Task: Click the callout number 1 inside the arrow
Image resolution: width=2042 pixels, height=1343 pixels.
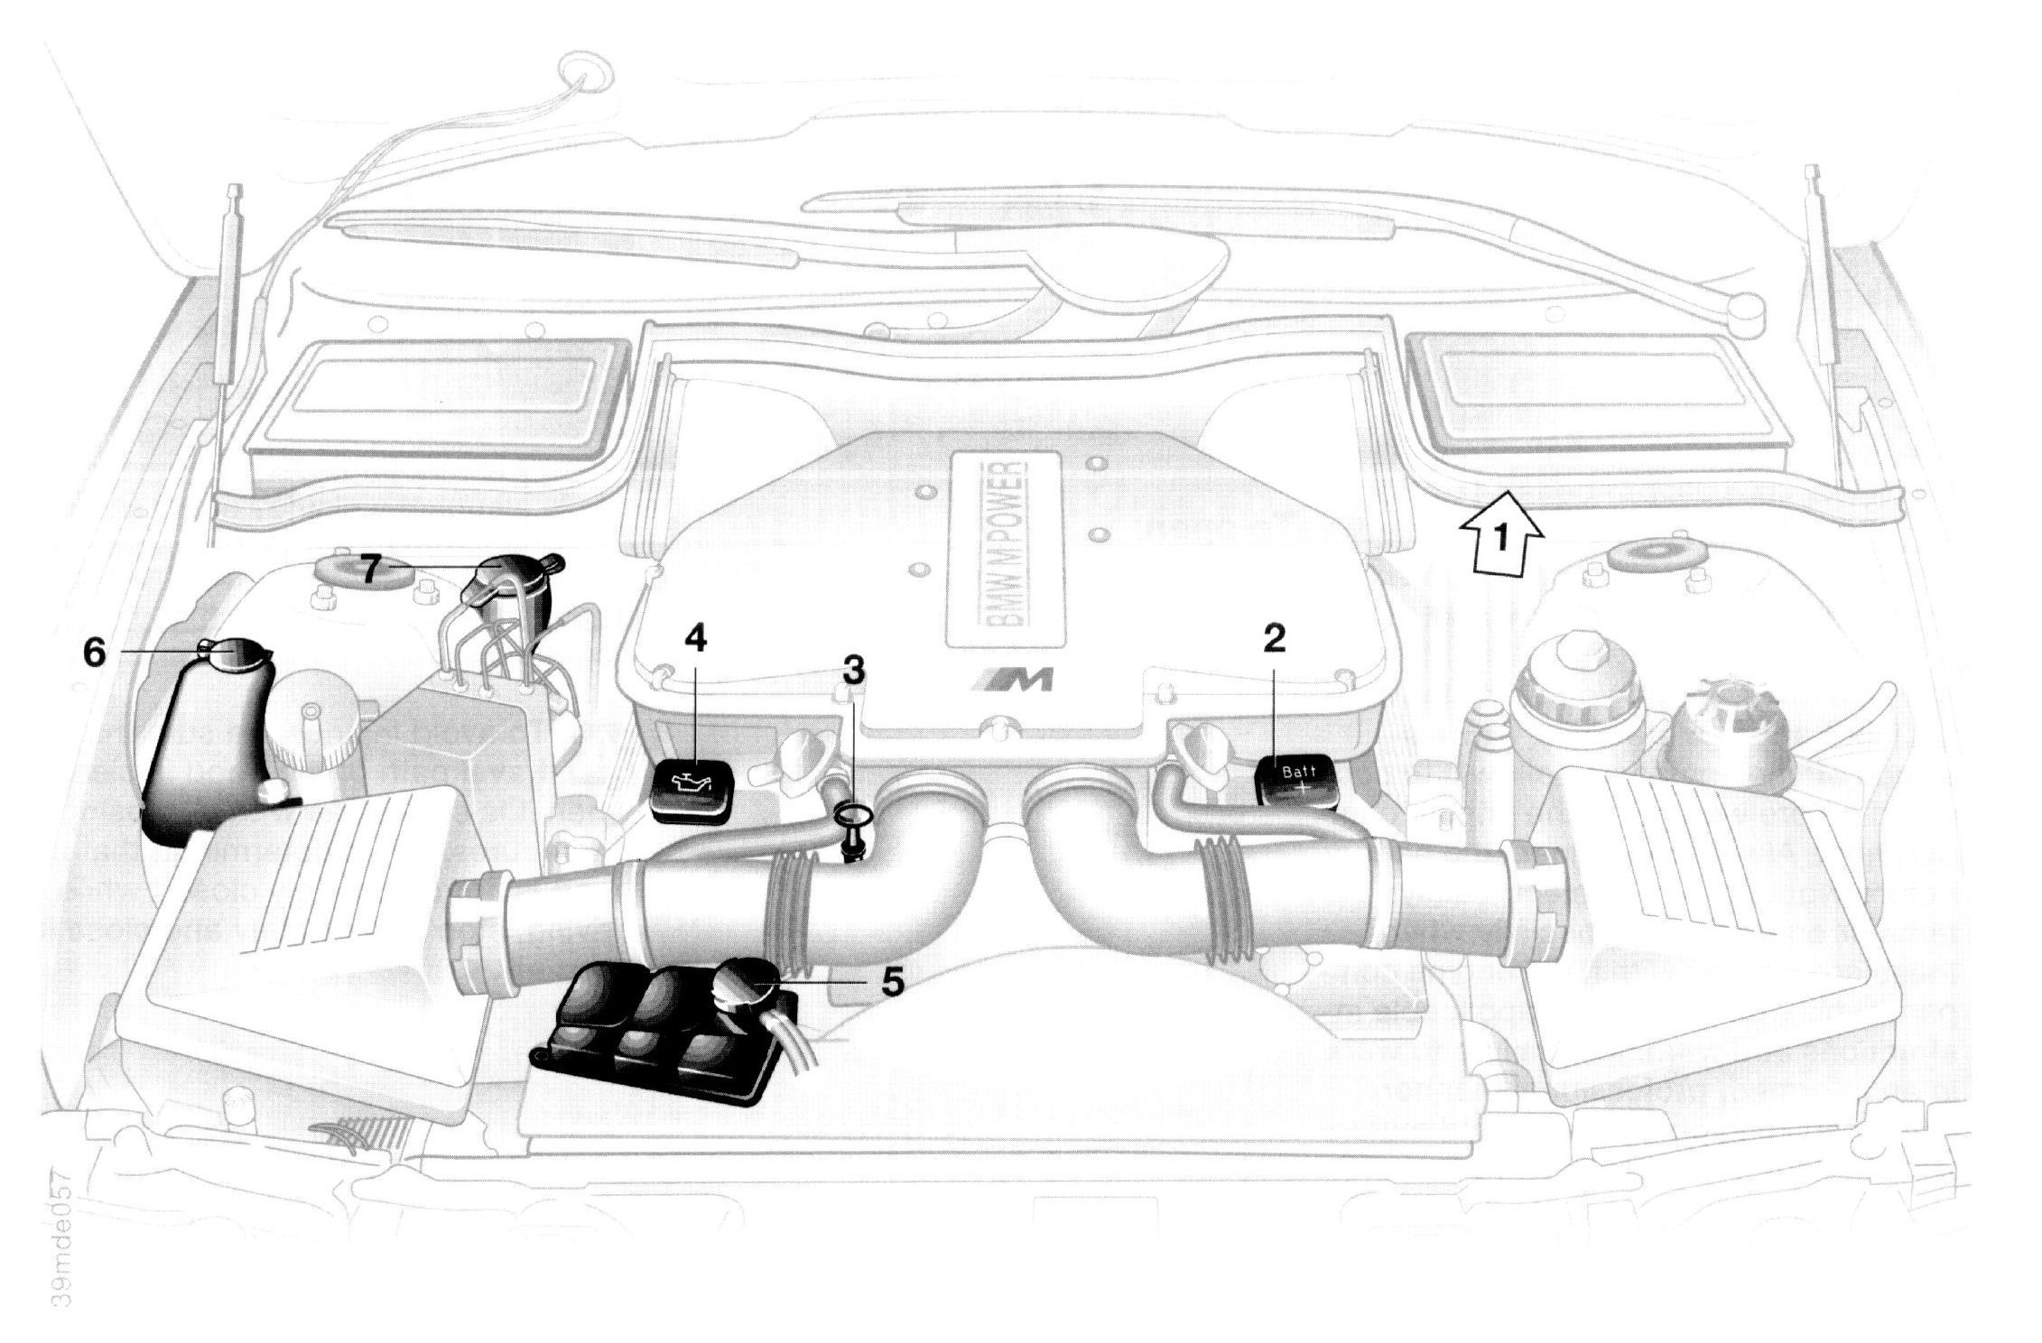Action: [1501, 540]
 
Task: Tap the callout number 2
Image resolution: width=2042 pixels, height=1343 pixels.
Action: [1274, 639]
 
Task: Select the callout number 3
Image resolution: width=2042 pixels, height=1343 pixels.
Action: [853, 670]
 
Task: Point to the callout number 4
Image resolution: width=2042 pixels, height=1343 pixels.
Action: [695, 639]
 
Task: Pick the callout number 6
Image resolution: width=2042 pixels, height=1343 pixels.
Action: [95, 651]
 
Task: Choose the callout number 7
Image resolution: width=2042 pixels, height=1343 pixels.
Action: [368, 569]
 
